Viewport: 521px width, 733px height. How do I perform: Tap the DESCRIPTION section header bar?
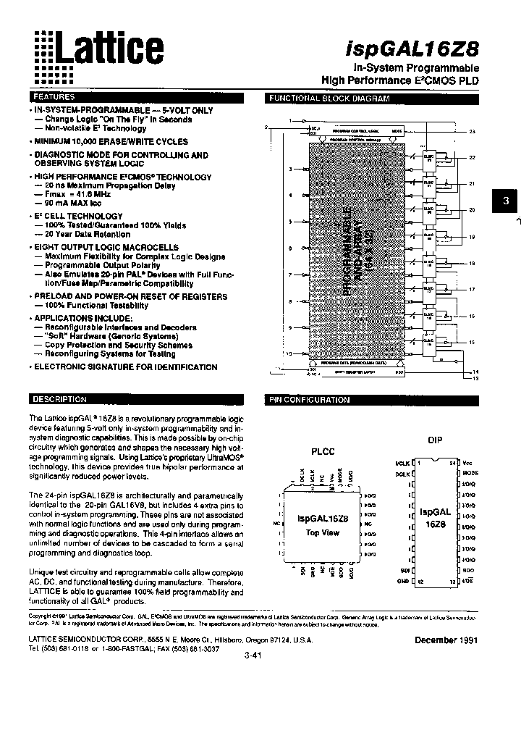pyautogui.click(x=61, y=400)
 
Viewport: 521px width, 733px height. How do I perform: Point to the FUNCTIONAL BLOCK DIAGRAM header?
pyautogui.click(x=329, y=99)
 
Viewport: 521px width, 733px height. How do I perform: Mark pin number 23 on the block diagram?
pyautogui.click(x=472, y=131)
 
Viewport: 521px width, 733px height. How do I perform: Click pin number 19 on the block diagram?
pyautogui.click(x=472, y=238)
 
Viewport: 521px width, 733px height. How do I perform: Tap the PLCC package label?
pyautogui.click(x=322, y=451)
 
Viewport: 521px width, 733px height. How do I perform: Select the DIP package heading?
pyautogui.click(x=435, y=439)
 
